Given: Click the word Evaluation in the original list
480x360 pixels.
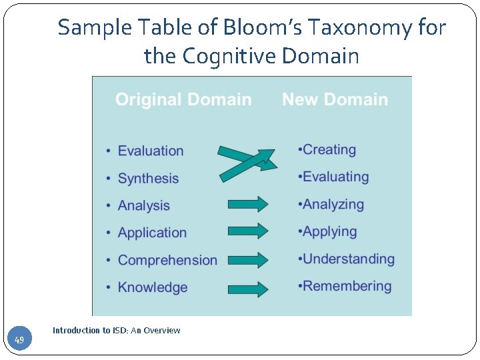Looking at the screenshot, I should tap(151, 151).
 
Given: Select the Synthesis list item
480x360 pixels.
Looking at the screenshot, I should tap(148, 179).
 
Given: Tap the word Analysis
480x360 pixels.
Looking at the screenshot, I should tap(144, 206).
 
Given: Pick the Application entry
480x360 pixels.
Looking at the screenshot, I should tap(152, 233).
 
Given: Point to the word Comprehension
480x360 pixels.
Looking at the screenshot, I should tap(167, 261).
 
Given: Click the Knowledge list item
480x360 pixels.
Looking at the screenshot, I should tap(153, 288).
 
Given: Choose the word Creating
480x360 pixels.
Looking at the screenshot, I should tap(329, 150).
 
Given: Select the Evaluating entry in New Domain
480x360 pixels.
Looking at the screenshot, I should tap(335, 177).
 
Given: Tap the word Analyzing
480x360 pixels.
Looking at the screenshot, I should tap(333, 205).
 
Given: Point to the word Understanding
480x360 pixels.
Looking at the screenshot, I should tap(349, 259).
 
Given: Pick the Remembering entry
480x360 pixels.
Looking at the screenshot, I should tap(347, 287).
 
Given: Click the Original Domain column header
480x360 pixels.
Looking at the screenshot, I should tap(183, 100).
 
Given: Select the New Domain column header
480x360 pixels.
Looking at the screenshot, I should tap(335, 100).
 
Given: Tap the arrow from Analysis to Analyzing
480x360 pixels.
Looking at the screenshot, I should tap(247, 204).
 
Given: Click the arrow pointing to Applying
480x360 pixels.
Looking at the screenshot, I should tap(247, 231).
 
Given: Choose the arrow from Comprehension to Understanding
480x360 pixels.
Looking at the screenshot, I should tap(247, 259).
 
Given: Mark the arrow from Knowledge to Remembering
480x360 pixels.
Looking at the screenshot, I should tap(247, 289).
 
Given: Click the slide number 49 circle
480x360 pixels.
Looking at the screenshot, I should tap(19, 341).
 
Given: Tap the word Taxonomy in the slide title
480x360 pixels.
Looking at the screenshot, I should tap(360, 28).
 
